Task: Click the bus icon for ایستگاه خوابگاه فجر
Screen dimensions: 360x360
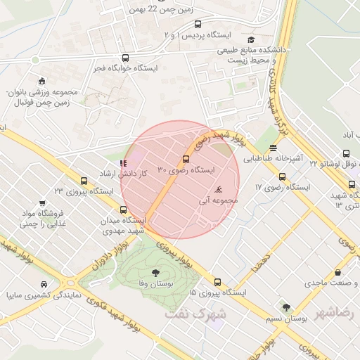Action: coord(125,58)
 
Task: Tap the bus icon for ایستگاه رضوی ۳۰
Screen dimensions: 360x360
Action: coord(186,159)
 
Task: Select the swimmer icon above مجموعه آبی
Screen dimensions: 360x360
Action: coord(219,189)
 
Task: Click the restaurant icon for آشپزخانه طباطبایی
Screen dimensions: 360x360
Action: coord(272,148)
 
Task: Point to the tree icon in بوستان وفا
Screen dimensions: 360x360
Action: coord(155,273)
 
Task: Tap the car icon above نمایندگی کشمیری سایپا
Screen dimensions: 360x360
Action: coord(44,284)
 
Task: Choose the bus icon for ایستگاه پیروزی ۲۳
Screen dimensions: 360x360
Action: coord(84,181)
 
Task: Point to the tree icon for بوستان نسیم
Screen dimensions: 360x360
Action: coord(286,307)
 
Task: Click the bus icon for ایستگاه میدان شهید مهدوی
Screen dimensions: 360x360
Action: coord(124,210)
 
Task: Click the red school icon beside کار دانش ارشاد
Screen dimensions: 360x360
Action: coord(124,163)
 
